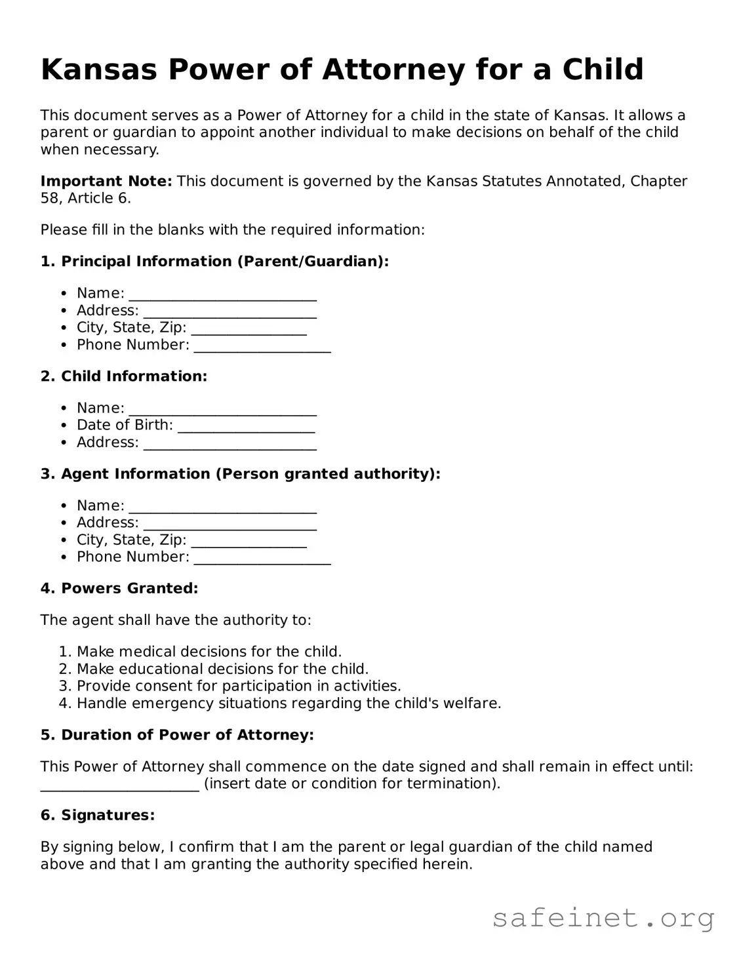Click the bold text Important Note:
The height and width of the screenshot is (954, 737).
tap(106, 181)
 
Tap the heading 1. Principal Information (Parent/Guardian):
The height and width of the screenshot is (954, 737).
tap(214, 262)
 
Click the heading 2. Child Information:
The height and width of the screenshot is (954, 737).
tap(124, 376)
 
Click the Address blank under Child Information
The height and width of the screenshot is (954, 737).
tap(230, 444)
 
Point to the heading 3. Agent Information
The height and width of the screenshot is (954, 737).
tap(240, 474)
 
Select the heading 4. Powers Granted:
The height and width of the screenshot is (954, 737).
tap(119, 589)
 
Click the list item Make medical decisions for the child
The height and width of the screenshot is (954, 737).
tap(209, 652)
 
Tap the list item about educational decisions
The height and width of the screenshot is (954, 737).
tap(222, 669)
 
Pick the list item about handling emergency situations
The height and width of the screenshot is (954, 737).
tap(289, 704)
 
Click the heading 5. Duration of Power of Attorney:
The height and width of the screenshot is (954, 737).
tap(177, 735)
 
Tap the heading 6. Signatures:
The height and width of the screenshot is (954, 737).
tap(98, 816)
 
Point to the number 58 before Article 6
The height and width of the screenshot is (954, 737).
tap(49, 198)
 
